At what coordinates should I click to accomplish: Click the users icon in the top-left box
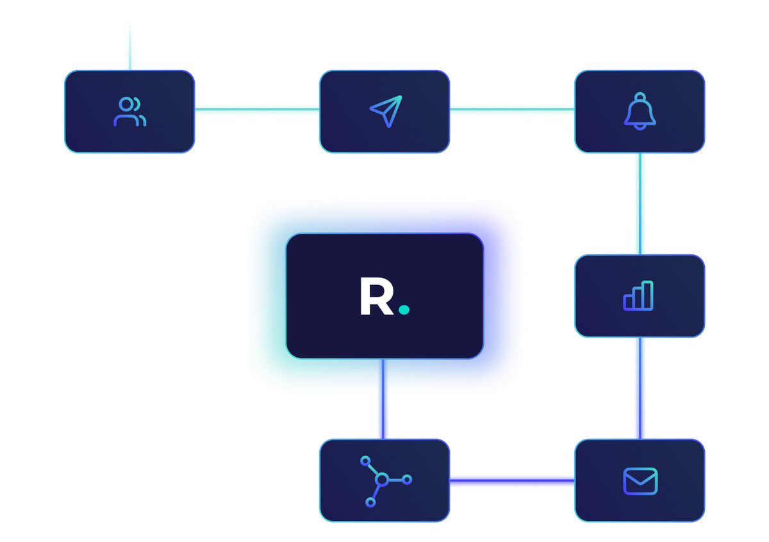click(x=129, y=111)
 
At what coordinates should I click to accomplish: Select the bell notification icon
click(x=640, y=111)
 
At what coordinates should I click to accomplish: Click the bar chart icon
click(x=638, y=296)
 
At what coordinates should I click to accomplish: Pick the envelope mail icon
click(x=640, y=481)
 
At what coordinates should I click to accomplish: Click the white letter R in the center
click(x=376, y=297)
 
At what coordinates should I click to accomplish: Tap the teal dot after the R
click(x=404, y=310)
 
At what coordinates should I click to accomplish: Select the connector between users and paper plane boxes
click(x=257, y=110)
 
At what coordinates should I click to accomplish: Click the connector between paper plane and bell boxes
click(x=511, y=110)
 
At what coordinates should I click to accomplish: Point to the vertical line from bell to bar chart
click(x=640, y=204)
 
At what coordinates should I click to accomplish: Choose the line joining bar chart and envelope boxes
click(x=640, y=388)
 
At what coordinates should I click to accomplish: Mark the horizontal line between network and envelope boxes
click(x=511, y=480)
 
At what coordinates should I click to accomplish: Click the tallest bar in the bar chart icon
click(x=648, y=296)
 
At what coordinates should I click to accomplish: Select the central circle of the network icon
click(x=381, y=479)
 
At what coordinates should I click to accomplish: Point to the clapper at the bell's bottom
click(x=640, y=126)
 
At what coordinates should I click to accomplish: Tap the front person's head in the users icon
click(x=125, y=104)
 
